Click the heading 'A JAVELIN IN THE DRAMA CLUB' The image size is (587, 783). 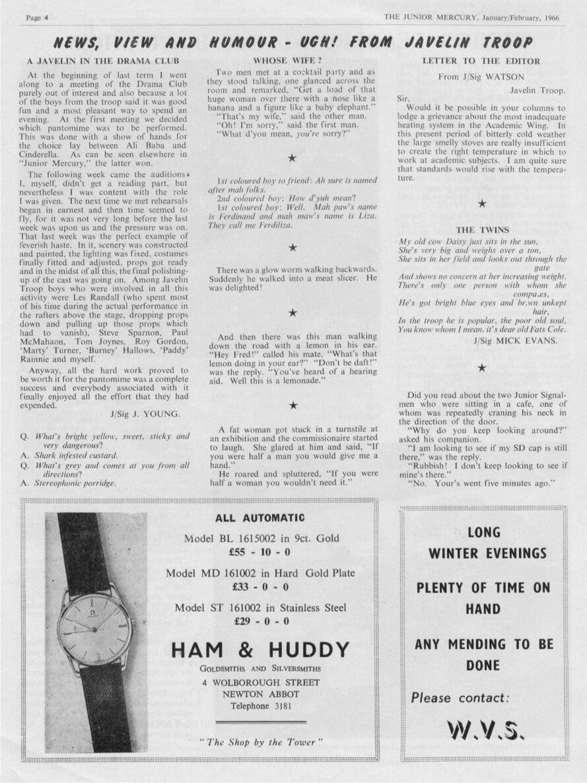point(103,61)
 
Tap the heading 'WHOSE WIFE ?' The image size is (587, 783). point(293,61)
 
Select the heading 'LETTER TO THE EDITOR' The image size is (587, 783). point(481,61)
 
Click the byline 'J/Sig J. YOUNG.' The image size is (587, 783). point(145,415)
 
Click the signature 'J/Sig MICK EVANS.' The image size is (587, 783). point(515,341)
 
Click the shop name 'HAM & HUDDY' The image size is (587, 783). point(260,650)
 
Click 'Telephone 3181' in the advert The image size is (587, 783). point(260,706)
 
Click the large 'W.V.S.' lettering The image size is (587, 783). point(487,729)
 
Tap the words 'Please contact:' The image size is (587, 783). point(460,697)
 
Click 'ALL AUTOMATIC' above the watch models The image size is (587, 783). point(260,518)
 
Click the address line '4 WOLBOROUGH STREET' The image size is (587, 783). point(260,681)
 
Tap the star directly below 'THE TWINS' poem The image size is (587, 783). point(482,368)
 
